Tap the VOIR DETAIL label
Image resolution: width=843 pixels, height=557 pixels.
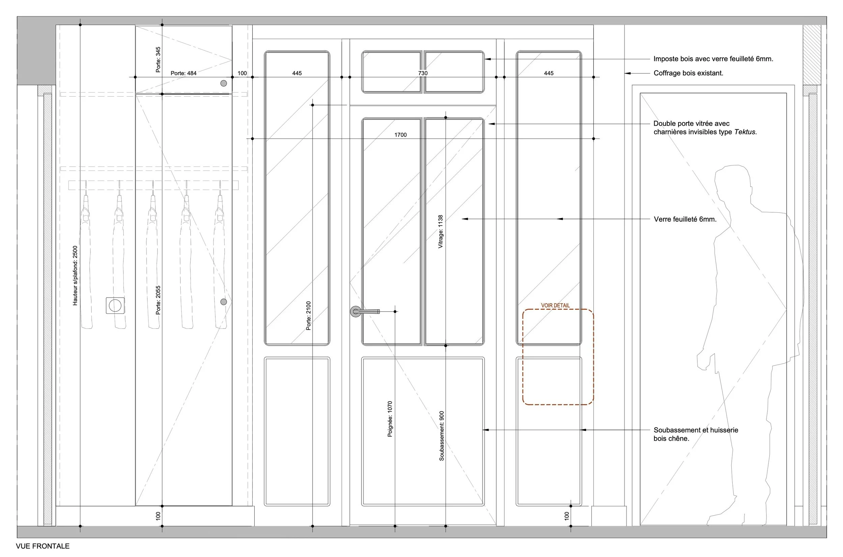(x=555, y=306)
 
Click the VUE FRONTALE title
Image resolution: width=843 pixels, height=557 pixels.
(x=42, y=546)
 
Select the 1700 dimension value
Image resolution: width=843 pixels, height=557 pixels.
(x=400, y=135)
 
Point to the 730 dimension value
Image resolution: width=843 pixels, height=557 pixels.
(x=423, y=73)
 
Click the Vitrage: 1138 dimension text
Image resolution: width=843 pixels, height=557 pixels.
(x=440, y=231)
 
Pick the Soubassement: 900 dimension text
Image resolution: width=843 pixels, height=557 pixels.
(x=441, y=436)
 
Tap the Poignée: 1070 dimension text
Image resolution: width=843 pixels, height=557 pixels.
(x=390, y=419)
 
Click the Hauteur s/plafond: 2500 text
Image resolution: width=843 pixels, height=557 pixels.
(x=75, y=275)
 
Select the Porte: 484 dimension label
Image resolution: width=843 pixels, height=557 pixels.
(x=183, y=73)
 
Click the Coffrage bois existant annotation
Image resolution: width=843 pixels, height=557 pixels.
(x=688, y=73)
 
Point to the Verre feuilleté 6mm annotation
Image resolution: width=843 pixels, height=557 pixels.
(x=685, y=219)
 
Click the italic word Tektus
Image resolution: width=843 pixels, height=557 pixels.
(x=745, y=132)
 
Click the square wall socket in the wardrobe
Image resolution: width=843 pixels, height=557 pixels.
(x=115, y=305)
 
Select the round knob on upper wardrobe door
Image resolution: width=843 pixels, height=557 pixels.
(x=224, y=84)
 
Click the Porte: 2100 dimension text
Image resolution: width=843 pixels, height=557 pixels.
(x=308, y=315)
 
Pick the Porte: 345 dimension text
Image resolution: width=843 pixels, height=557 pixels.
(x=158, y=60)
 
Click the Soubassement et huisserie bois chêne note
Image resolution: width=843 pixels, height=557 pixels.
(x=695, y=434)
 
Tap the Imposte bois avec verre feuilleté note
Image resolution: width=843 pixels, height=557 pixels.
(x=713, y=59)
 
